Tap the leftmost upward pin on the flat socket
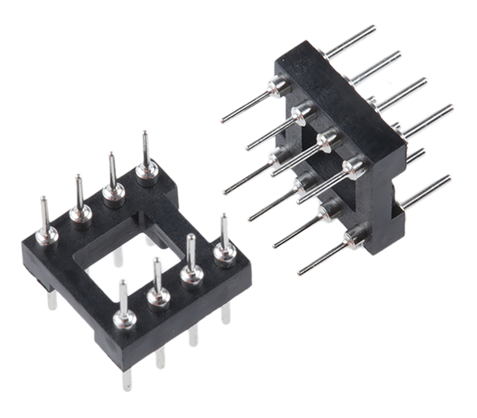click(x=45, y=215)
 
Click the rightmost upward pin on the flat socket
click(x=224, y=231)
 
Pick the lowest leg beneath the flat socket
click(x=127, y=380)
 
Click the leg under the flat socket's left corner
click(x=52, y=300)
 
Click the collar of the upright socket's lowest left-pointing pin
click(x=354, y=239)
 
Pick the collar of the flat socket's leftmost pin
click(x=47, y=237)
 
